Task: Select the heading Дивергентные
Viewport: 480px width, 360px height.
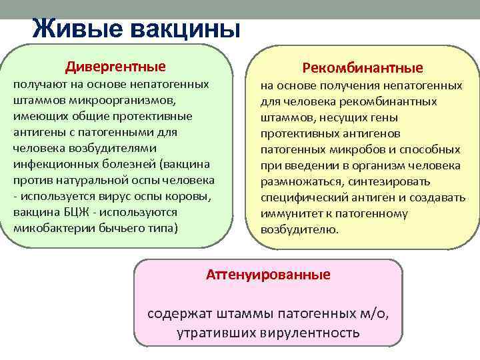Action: click(x=115, y=67)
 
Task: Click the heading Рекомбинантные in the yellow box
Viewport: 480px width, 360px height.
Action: click(x=363, y=68)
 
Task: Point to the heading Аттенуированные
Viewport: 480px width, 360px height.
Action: click(x=268, y=274)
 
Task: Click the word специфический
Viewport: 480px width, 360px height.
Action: click(x=299, y=197)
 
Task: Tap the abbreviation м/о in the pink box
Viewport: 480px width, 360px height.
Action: click(x=371, y=313)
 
